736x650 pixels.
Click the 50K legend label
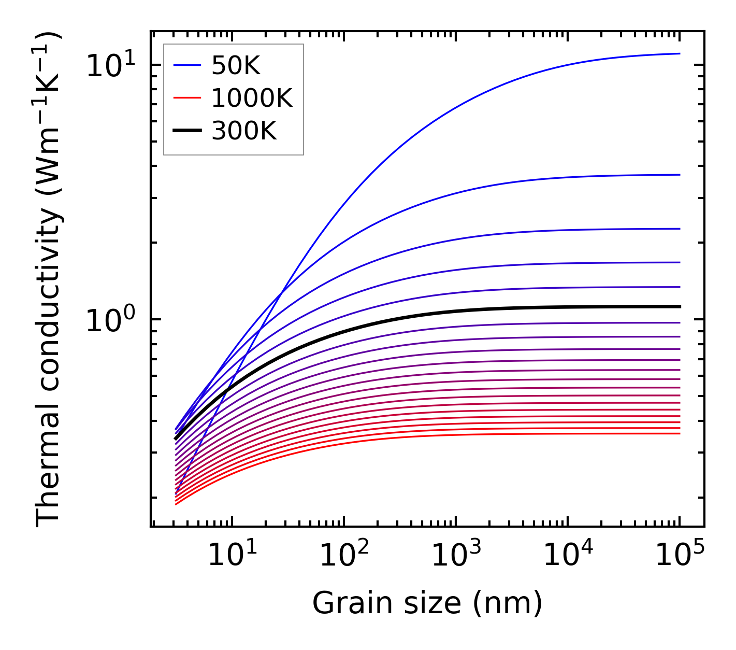click(x=236, y=66)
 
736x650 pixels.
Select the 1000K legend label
click(x=252, y=98)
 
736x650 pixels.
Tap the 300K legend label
click(x=244, y=131)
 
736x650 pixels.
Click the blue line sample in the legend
click(x=186, y=65)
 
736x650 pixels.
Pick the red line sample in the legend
click(x=186, y=97)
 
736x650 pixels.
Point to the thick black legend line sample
click(x=186, y=131)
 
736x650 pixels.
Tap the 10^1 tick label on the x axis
click(x=232, y=556)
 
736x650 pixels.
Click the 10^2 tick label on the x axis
click(x=344, y=556)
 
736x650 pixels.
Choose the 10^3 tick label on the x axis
click(x=456, y=556)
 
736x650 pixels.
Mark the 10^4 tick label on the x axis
click(x=568, y=556)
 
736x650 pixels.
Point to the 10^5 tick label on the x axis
click(x=680, y=556)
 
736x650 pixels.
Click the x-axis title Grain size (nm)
click(x=427, y=603)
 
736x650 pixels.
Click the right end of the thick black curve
click(x=679, y=307)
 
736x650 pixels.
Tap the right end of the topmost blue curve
click(x=679, y=53)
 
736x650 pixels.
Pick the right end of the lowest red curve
click(x=679, y=433)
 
